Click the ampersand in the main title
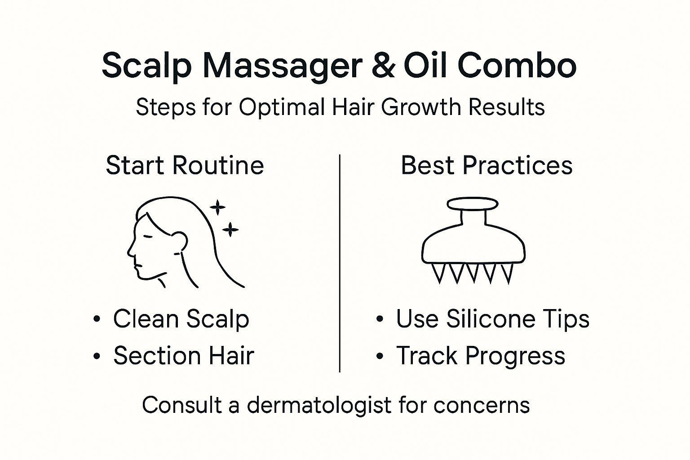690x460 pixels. (x=383, y=66)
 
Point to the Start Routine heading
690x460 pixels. (x=185, y=165)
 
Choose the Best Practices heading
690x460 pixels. (x=487, y=165)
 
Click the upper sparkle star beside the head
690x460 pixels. (x=218, y=208)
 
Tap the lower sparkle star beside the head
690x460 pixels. (x=230, y=230)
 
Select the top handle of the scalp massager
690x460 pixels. (x=473, y=203)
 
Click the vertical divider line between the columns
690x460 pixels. (x=340, y=263)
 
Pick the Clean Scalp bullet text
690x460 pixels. (x=181, y=319)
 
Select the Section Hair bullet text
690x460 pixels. (x=183, y=356)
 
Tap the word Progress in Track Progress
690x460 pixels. (x=515, y=356)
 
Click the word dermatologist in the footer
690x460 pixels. (x=319, y=405)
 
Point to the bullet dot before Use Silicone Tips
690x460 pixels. (x=380, y=319)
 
